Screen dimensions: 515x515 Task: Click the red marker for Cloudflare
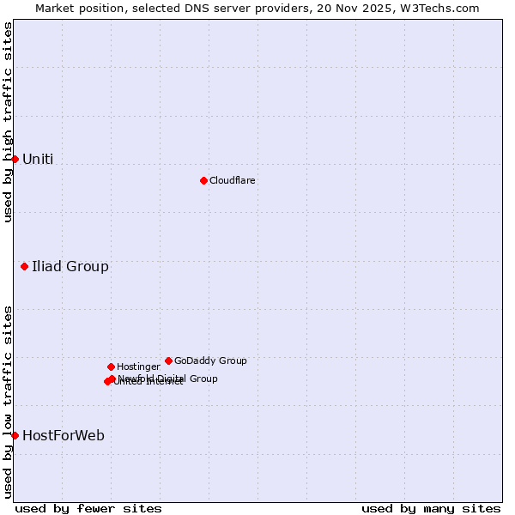click(x=203, y=180)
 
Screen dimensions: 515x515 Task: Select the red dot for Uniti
click(x=15, y=159)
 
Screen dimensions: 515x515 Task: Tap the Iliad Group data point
click(x=24, y=266)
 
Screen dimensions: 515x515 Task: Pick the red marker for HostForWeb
click(x=15, y=435)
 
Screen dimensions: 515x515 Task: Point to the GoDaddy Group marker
click(x=168, y=360)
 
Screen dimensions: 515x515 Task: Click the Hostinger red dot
click(x=111, y=367)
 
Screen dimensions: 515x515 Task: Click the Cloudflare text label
click(x=233, y=180)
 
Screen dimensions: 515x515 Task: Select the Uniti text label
click(x=38, y=159)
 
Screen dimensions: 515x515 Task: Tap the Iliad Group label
click(x=70, y=266)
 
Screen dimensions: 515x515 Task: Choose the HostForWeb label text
click(x=64, y=435)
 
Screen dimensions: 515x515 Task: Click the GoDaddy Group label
click(x=210, y=360)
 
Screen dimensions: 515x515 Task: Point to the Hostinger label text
click(x=138, y=367)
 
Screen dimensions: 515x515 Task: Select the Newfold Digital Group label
click(x=168, y=378)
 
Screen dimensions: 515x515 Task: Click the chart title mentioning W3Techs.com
click(x=257, y=8)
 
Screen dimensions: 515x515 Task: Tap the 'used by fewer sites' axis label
click(x=88, y=508)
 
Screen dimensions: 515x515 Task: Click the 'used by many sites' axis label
click(x=431, y=508)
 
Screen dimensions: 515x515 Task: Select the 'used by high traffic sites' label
click(x=8, y=122)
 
